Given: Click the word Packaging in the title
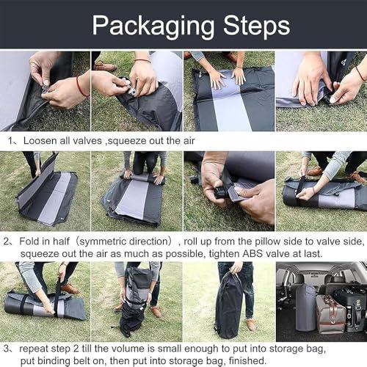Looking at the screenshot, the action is tap(153, 26).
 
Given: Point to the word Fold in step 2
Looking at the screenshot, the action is tap(29, 241).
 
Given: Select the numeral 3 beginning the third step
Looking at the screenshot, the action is tap(7, 349).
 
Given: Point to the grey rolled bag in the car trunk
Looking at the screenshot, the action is tap(306, 308).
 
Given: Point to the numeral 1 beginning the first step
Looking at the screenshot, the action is tap(10, 141).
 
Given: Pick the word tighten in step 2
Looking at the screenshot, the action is tap(225, 254).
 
